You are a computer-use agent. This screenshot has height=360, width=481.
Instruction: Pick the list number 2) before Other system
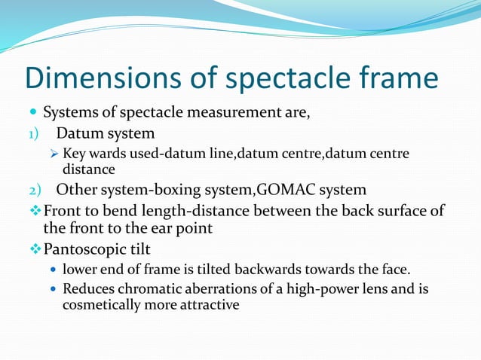[x=28, y=189]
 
